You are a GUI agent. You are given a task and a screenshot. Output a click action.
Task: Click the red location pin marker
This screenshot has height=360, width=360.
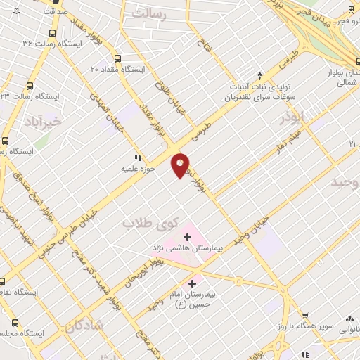tap(180, 165)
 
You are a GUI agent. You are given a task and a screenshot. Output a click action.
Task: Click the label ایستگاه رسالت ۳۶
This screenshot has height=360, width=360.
tap(53, 44)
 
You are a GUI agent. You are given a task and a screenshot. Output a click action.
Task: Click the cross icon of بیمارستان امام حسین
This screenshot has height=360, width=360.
tap(192, 283)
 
